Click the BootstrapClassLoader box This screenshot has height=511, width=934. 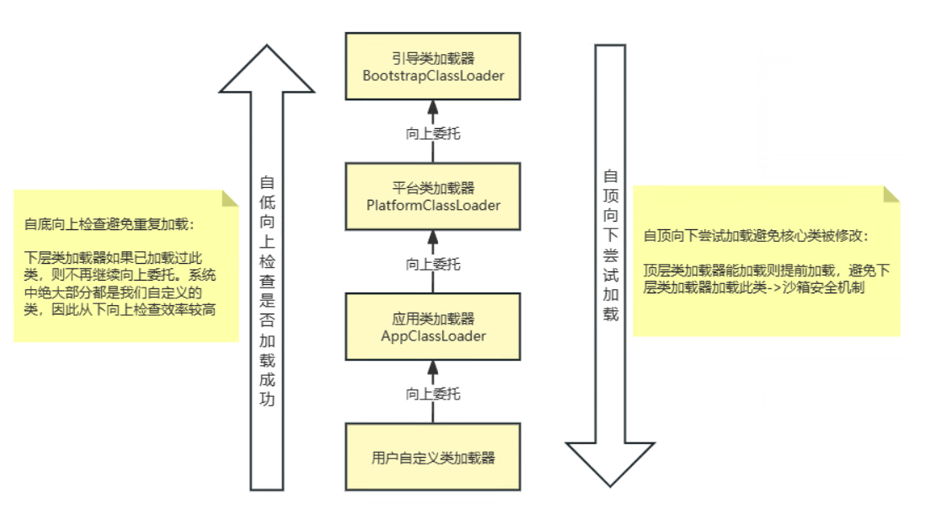click(x=433, y=67)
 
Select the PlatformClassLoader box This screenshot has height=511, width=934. click(x=433, y=196)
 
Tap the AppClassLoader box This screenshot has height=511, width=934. click(x=433, y=327)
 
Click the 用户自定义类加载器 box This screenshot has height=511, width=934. click(x=433, y=457)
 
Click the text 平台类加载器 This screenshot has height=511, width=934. click(x=433, y=187)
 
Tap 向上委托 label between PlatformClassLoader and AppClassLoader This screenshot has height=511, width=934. click(x=433, y=264)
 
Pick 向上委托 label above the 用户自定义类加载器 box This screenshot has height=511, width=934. click(x=433, y=393)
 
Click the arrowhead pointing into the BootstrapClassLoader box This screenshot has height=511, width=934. click(x=433, y=108)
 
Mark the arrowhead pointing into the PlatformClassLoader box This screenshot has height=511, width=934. click(x=433, y=238)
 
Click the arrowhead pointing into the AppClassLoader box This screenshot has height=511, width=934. click(x=433, y=367)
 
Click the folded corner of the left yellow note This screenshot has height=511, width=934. click(x=228, y=199)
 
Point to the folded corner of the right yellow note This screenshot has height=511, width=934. click(x=891, y=194)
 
